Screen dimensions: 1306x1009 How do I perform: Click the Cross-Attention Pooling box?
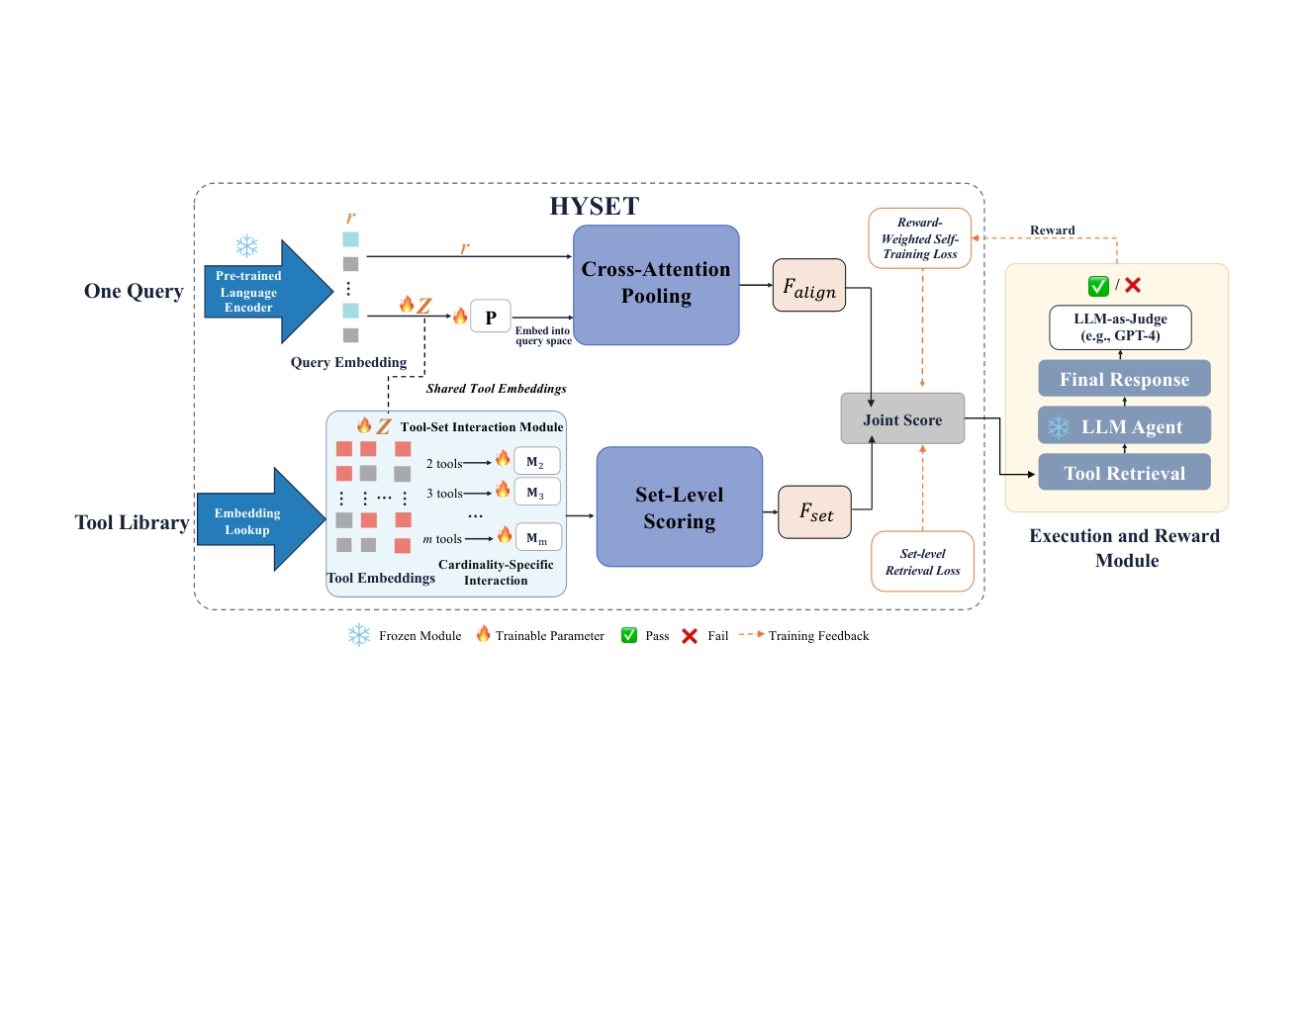tap(656, 285)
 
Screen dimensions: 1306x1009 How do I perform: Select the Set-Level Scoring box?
tap(679, 506)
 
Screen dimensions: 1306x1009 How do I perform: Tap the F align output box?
tap(809, 285)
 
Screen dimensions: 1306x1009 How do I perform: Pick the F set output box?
tap(814, 512)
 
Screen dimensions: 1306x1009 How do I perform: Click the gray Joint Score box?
tap(902, 418)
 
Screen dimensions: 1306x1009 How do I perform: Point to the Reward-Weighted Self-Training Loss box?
tap(919, 238)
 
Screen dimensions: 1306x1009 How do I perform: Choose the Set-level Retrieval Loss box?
tap(922, 561)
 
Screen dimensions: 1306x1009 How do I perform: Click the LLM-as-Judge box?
tap(1120, 327)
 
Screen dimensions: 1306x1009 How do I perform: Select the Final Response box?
tap(1125, 379)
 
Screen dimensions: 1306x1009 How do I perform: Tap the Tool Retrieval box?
tap(1125, 472)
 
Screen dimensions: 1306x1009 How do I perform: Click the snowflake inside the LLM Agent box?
tap(1059, 426)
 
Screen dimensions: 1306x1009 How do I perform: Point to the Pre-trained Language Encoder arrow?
tap(269, 292)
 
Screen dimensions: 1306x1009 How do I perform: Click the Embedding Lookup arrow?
tap(261, 519)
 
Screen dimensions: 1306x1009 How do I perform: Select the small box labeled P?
tap(491, 317)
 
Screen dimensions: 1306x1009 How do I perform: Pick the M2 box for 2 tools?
tap(536, 461)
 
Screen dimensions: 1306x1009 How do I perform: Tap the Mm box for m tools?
tap(538, 537)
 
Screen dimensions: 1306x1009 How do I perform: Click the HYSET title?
tap(595, 206)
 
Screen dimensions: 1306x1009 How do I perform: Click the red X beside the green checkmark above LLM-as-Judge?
tap(1133, 285)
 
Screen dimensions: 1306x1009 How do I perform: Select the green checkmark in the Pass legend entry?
tap(628, 635)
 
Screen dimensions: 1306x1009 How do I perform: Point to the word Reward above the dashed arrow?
tap(1053, 230)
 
